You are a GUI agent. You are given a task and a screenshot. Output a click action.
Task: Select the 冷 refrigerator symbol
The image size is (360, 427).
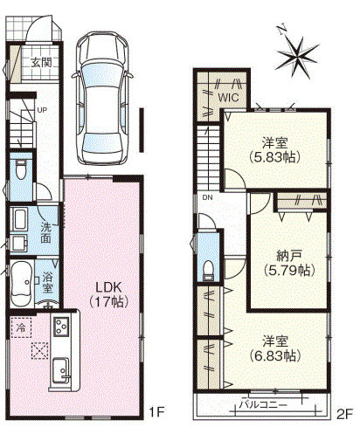19,328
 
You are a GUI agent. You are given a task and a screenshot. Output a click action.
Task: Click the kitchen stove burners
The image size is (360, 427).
62,328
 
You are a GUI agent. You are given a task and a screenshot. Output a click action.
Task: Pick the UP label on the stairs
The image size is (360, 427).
41,110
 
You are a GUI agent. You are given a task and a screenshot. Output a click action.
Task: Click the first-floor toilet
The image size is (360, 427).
23,168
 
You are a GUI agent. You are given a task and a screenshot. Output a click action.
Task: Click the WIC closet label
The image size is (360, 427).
229,98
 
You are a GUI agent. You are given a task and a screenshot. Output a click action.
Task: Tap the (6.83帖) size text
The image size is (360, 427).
280,355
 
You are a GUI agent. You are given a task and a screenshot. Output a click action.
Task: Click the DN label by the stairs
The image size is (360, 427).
207,197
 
